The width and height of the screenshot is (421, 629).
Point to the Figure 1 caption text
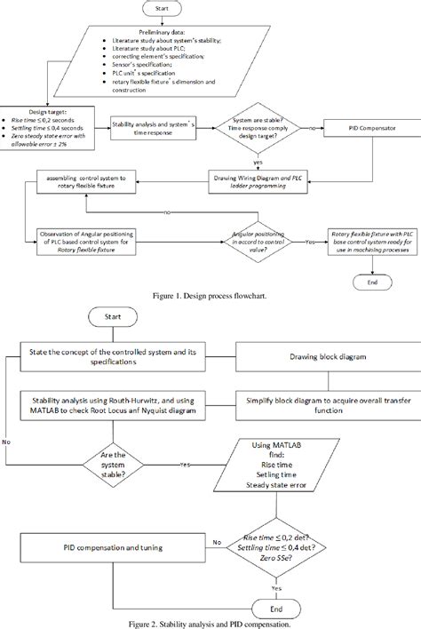(210, 302)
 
